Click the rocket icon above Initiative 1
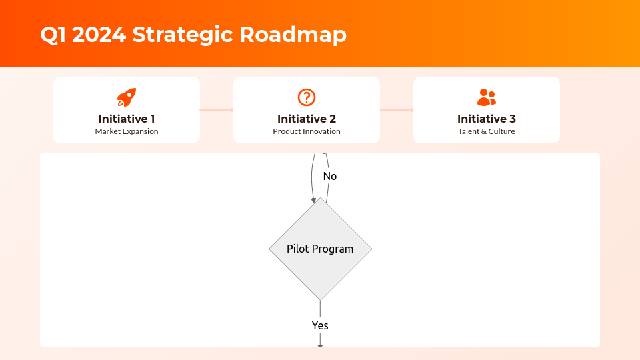pyautogui.click(x=127, y=97)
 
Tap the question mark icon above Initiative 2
pyautogui.click(x=306, y=97)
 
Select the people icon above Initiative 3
pyautogui.click(x=487, y=97)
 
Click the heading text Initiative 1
pyautogui.click(x=127, y=119)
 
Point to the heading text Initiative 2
pyautogui.click(x=307, y=119)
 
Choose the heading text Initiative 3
pyautogui.click(x=487, y=119)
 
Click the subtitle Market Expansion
pyautogui.click(x=127, y=131)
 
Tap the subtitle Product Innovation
pyautogui.click(x=307, y=131)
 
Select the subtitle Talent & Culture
pyautogui.click(x=487, y=131)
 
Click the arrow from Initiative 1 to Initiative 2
pyautogui.click(x=217, y=110)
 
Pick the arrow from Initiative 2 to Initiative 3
pyautogui.click(x=397, y=110)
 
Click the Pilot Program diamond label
pyautogui.click(x=320, y=249)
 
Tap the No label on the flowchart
pyautogui.click(x=330, y=176)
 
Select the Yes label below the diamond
pyautogui.click(x=320, y=325)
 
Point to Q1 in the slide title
pyautogui.click(x=53, y=34)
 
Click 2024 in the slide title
pyautogui.click(x=99, y=34)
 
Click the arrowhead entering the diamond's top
pyautogui.click(x=313, y=200)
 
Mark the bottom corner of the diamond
pyautogui.click(x=320, y=299)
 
